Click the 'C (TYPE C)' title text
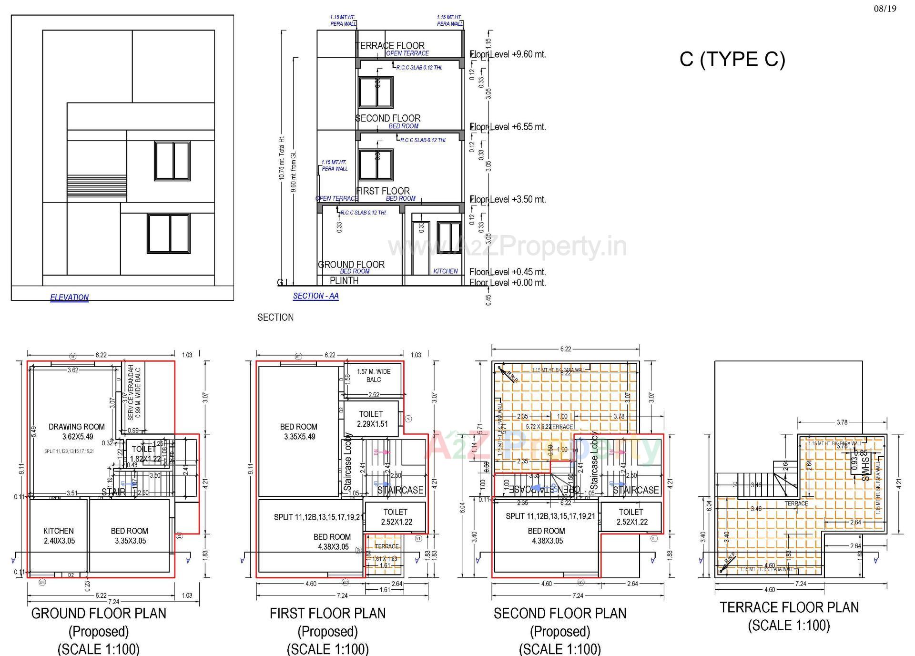pos(732,59)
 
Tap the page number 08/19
pos(885,9)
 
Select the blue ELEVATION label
pos(70,297)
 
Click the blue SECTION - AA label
pos(315,296)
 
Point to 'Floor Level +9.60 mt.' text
pos(508,54)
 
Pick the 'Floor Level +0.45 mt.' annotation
pos(508,272)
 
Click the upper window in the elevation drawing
pos(172,161)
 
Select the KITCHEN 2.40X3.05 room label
pos(59,536)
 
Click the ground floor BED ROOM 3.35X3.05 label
pos(130,536)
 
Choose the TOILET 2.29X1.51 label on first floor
pos(371,419)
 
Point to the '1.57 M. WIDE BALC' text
pos(374,376)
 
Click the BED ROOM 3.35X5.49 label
pos(299,431)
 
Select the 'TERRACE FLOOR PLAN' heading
pos(789,607)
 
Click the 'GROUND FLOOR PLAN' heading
pos(99,613)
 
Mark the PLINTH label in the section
pos(344,281)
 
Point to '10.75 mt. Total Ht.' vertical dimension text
pos(282,157)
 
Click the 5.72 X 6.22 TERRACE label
pos(549,427)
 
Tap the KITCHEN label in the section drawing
pos(446,271)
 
